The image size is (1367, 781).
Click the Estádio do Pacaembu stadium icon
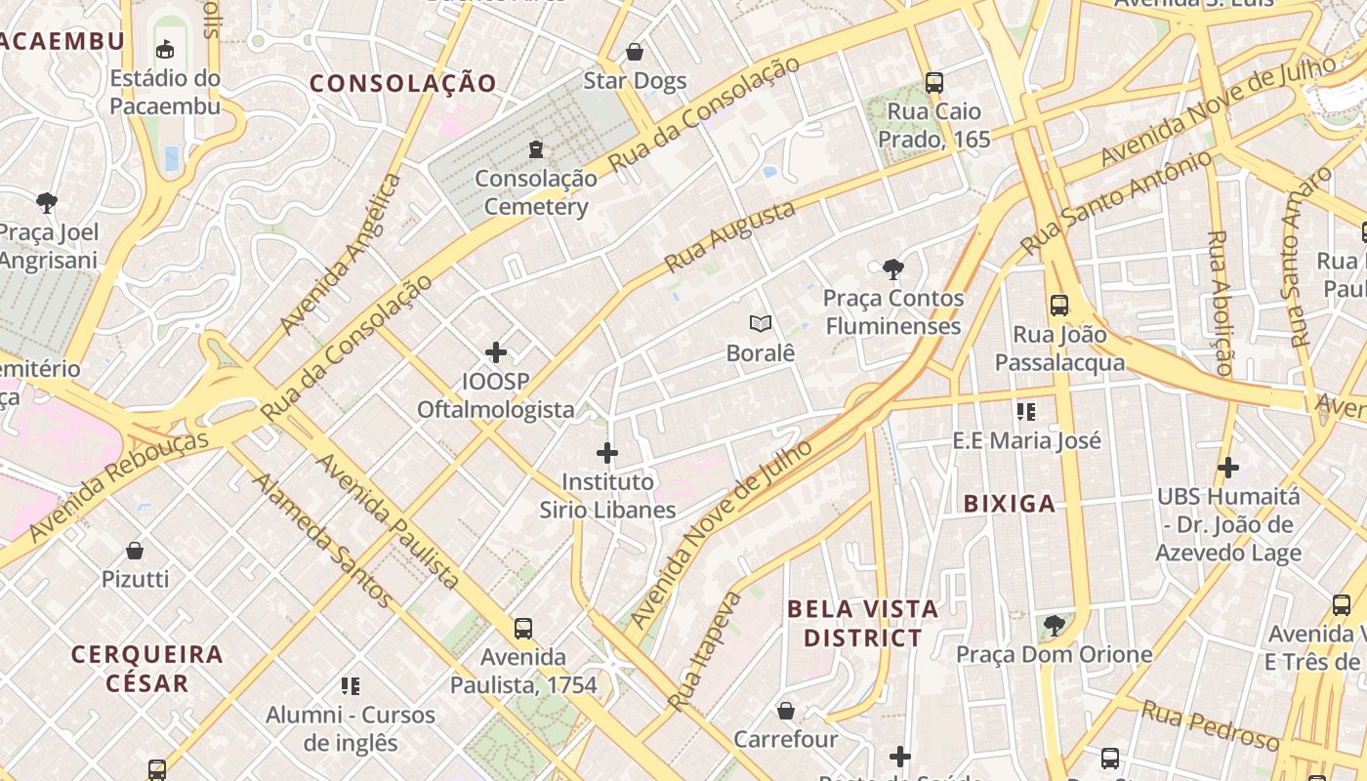[165, 48]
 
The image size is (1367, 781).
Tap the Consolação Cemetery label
[536, 192]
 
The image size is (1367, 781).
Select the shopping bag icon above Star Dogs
[635, 52]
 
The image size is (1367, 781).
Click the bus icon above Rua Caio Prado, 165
[934, 82]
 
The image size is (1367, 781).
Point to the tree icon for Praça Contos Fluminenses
[891, 268]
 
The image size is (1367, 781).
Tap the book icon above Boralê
[761, 323]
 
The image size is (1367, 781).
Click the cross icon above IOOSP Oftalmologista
[496, 351]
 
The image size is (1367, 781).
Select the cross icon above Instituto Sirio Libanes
[607, 453]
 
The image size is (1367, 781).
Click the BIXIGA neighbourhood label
[1010, 504]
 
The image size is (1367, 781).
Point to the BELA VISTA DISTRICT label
[862, 623]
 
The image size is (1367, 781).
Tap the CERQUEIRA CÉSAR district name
[147, 668]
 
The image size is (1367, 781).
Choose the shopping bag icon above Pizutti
[135, 551]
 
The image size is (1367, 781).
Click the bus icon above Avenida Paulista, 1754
[523, 628]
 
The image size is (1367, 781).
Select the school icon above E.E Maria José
[1025, 412]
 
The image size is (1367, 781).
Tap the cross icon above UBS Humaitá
[1228, 468]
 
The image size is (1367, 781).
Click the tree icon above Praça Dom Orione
[1054, 625]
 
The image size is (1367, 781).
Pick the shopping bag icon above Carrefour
[786, 711]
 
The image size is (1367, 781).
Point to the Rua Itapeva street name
[704, 650]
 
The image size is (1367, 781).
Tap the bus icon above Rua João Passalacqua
[1059, 306]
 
